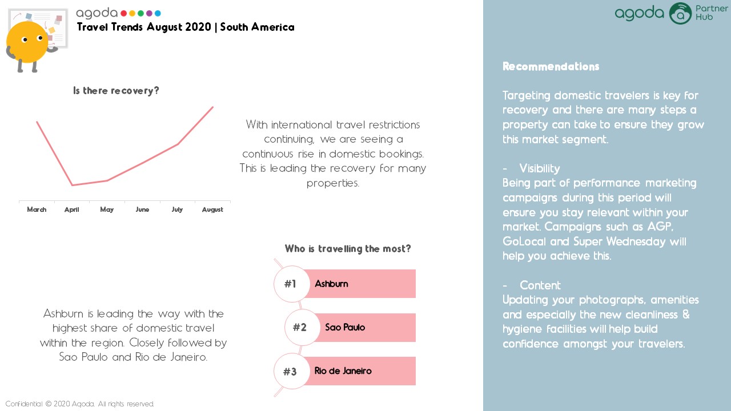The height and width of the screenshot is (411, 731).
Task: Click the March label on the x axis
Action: coord(37,209)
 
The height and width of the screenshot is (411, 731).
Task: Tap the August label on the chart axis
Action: coord(212,209)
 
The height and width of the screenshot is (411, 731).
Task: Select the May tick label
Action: coord(107,209)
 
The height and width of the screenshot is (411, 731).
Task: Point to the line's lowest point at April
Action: coord(72,185)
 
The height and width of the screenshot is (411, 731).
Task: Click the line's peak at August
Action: coord(213,107)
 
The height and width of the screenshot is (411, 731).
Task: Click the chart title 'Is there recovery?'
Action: coord(116,90)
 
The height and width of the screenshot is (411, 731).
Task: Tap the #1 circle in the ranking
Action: coord(291,284)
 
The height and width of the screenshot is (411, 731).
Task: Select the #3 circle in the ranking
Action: coord(291,371)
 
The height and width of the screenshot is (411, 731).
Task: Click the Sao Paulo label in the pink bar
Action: coord(345,327)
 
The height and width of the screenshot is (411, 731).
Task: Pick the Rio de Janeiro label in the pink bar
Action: coord(343,371)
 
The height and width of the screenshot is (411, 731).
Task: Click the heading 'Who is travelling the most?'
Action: coord(348,248)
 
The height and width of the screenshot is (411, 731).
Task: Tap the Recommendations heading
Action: coord(551,67)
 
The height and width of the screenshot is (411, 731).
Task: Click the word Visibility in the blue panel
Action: coord(540,168)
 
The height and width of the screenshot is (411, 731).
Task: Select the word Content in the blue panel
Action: coord(540,285)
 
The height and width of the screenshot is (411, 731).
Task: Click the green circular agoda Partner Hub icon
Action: coord(680,13)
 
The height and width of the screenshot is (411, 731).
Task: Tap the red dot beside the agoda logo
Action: coord(124,13)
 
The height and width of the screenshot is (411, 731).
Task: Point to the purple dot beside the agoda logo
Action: coord(149,13)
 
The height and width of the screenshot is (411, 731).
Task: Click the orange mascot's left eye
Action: coord(25,40)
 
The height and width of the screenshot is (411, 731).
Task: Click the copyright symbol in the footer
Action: coord(49,404)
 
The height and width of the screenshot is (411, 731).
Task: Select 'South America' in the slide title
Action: coord(257,27)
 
